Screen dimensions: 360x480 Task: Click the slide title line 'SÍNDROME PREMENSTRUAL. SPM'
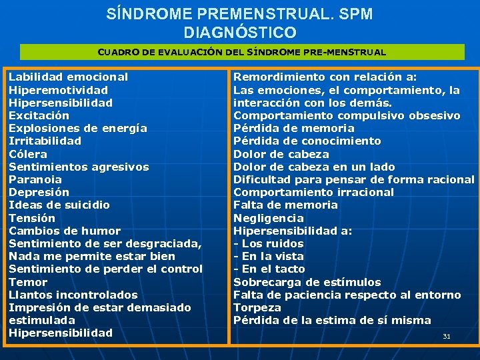[239, 13]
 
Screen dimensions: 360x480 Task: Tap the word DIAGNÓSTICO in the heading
[239, 31]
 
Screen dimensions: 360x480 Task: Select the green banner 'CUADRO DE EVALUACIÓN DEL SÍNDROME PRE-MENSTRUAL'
[241, 52]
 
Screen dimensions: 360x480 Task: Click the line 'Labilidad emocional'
[68, 77]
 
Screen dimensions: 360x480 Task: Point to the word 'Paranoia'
[35, 179]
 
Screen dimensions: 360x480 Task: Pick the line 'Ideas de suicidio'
[59, 205]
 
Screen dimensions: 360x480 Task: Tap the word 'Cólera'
[28, 154]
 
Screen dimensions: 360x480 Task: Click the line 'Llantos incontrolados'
[73, 295]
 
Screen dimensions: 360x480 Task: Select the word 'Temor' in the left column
[28, 282]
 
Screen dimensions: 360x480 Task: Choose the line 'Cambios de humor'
[64, 231]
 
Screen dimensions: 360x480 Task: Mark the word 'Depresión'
[39, 192]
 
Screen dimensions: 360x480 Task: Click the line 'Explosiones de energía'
[77, 128]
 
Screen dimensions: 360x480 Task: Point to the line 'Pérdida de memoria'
[293, 128]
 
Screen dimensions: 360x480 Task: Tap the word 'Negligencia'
[268, 218]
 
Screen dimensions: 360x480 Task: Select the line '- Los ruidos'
[268, 243]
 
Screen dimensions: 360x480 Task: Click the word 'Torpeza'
[257, 307]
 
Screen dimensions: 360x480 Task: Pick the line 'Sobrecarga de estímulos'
[307, 282]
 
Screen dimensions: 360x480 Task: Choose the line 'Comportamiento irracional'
[313, 192]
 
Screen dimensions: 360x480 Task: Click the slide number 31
[447, 336]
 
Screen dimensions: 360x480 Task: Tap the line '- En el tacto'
[269, 269]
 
